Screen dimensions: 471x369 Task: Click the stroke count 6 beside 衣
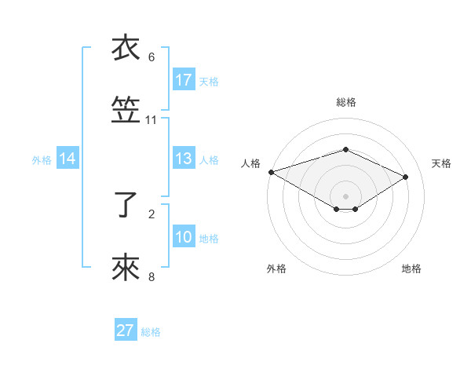click(152, 57)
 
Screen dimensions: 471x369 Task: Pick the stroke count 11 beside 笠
click(152, 120)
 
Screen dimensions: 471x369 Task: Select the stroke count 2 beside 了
click(152, 213)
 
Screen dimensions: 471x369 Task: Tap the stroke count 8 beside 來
click(152, 276)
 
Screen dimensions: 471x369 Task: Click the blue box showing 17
click(184, 79)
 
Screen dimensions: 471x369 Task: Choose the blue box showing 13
click(184, 159)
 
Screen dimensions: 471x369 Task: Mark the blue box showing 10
click(184, 237)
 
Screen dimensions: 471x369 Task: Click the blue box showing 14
click(68, 159)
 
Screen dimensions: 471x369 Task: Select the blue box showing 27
click(126, 331)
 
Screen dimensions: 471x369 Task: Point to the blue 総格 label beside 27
click(151, 332)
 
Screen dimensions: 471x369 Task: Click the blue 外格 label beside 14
click(42, 159)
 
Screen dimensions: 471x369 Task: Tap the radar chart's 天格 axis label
click(441, 163)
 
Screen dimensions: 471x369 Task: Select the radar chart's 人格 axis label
click(250, 163)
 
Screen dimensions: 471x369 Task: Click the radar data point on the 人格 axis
click(271, 172)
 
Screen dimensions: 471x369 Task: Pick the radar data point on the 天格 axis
click(406, 177)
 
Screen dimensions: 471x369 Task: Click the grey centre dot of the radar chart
click(345, 195)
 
